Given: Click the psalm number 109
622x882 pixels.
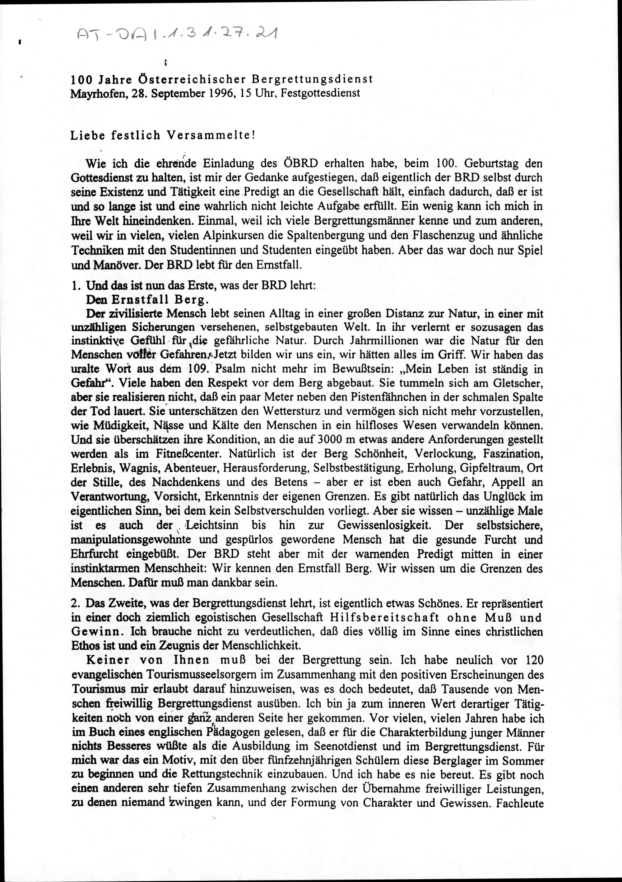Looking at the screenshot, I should tap(198, 369).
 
